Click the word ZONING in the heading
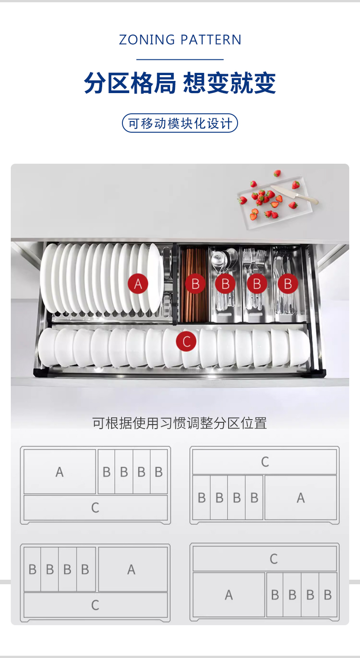point(147,40)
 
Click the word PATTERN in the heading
point(211,40)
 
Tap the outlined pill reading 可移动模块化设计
point(180,123)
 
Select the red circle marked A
point(138,284)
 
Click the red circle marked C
point(186,341)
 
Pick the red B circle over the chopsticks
point(195,284)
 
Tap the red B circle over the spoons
point(225,284)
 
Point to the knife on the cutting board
point(294,194)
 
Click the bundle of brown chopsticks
point(194,284)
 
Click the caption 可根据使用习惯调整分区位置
point(180,423)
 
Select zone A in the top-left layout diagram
point(60,471)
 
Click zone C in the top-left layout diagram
point(95,508)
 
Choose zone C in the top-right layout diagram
point(265,461)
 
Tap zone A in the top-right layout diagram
point(301,497)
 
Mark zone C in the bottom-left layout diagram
point(95,605)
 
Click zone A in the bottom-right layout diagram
point(229,595)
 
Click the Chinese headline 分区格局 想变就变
point(180,83)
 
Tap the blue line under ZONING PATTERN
point(180,60)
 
